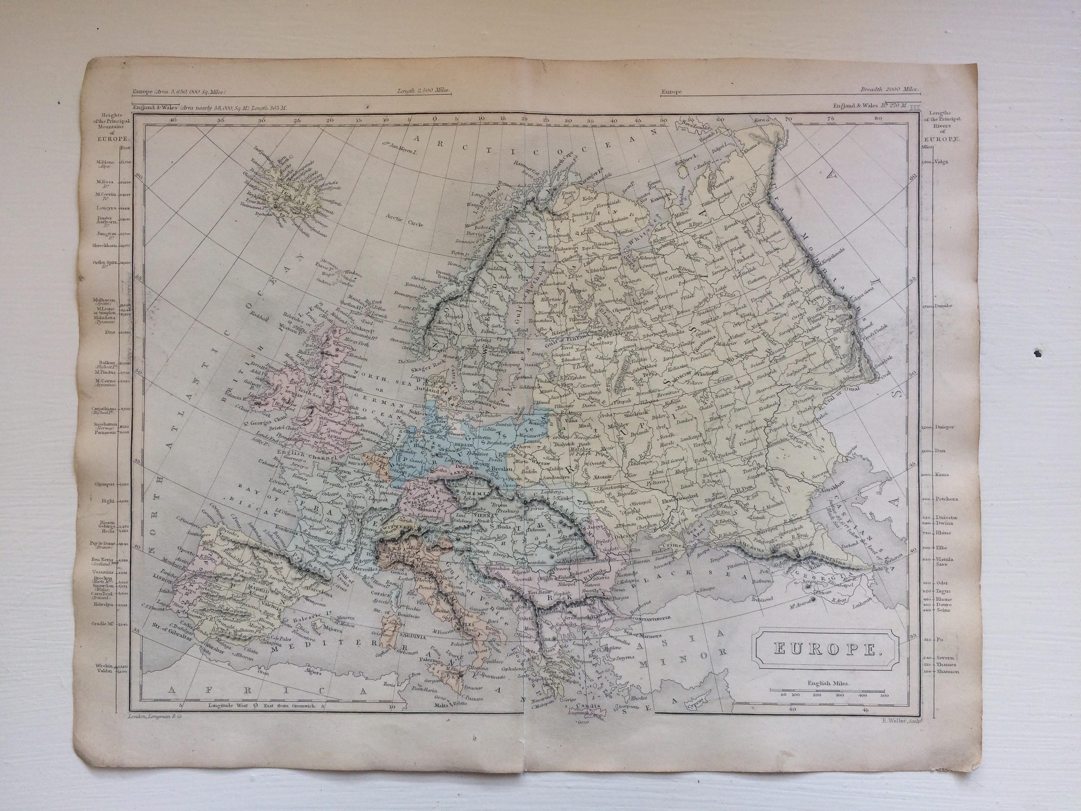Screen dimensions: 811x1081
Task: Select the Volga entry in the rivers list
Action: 941,162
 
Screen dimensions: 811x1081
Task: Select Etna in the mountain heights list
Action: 109,332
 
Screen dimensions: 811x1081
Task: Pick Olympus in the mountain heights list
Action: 106,484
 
